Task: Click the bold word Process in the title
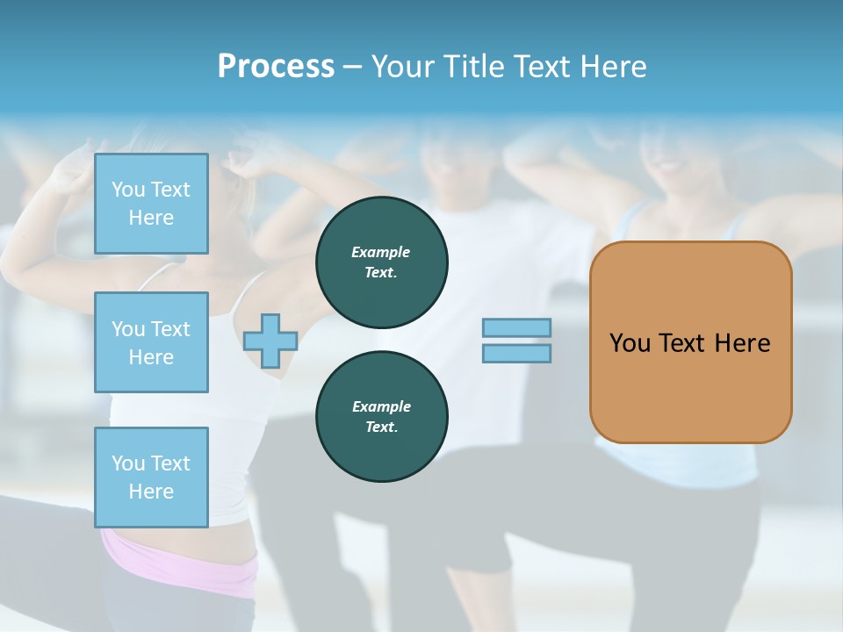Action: [x=276, y=67]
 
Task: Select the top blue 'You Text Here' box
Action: [x=151, y=204]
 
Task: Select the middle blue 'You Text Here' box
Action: [x=151, y=342]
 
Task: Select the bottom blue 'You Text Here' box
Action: [x=151, y=478]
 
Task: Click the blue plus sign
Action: [x=270, y=341]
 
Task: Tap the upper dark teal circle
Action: [x=381, y=262]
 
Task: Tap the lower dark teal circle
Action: [x=381, y=416]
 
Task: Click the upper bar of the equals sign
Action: [x=517, y=327]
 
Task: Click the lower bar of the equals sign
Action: [x=517, y=353]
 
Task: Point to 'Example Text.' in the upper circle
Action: [x=381, y=262]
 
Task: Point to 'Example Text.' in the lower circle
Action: [x=381, y=416]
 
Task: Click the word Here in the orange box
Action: [x=742, y=343]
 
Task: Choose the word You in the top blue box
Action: [x=127, y=190]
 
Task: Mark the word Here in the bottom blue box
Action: [x=151, y=492]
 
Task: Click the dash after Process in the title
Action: [x=352, y=67]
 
